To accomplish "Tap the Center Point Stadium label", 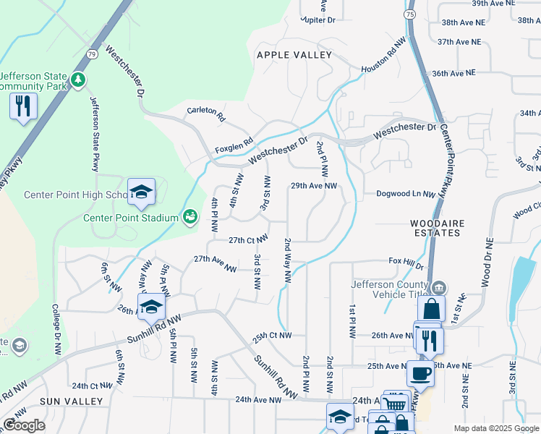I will pos(130,218).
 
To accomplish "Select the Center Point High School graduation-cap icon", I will pos(142,192).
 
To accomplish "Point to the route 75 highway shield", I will pos(410,14).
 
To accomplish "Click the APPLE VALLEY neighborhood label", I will pos(294,55).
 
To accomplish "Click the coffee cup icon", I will pos(420,374).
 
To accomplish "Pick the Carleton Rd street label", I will pos(206,114).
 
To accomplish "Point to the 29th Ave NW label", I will pos(314,186).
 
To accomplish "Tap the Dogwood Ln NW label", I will pos(406,194).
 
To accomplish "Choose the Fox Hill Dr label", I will pos(404,260).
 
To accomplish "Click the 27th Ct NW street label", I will pos(249,239).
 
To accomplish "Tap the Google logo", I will pos(24,425).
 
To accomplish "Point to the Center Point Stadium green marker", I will pos(189,216).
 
